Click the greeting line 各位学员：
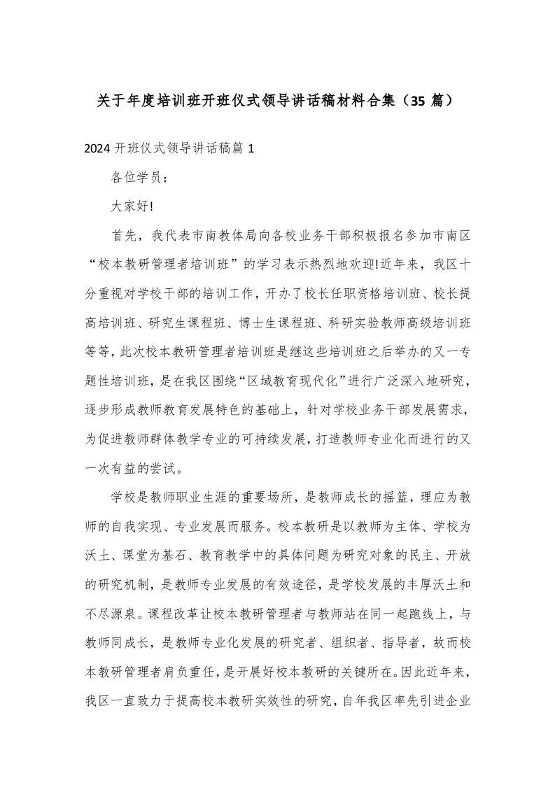pos(139,178)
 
